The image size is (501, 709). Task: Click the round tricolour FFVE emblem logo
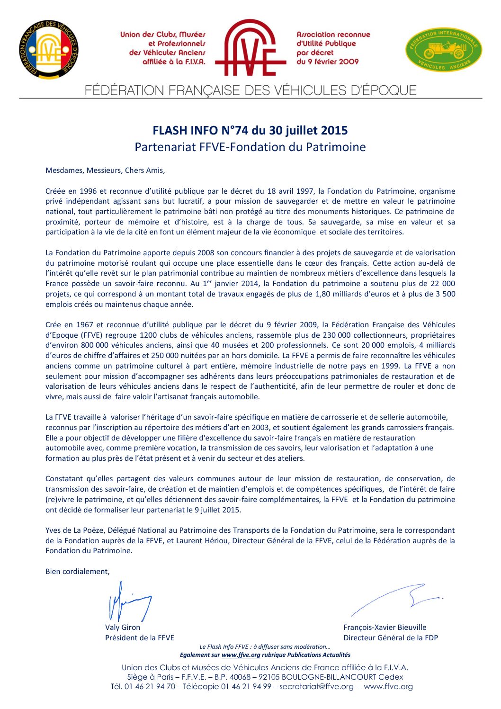pos(49,50)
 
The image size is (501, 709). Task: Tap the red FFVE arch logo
pos(250,48)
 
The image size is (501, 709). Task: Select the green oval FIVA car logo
pos(443,50)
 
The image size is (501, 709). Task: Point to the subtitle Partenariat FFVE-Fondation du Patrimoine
pos(250,147)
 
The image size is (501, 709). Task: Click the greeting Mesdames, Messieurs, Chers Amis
pos(105,171)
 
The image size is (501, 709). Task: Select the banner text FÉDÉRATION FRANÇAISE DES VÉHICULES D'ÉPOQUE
pos(250,90)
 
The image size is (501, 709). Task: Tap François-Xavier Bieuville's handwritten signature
pos(398,599)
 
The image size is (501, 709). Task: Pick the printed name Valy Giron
pos(123,627)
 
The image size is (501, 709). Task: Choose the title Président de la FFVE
pos(140,637)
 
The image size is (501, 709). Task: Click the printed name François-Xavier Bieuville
pos(385,627)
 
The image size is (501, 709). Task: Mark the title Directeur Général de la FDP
pos(391,637)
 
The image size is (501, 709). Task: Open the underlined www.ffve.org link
pos(241,655)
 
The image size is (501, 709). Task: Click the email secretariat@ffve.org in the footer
pos(316,687)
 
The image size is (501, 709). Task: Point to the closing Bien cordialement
pos(78,572)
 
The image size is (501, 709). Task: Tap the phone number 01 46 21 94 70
pos(150,687)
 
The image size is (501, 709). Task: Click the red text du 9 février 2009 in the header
pos(327,62)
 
